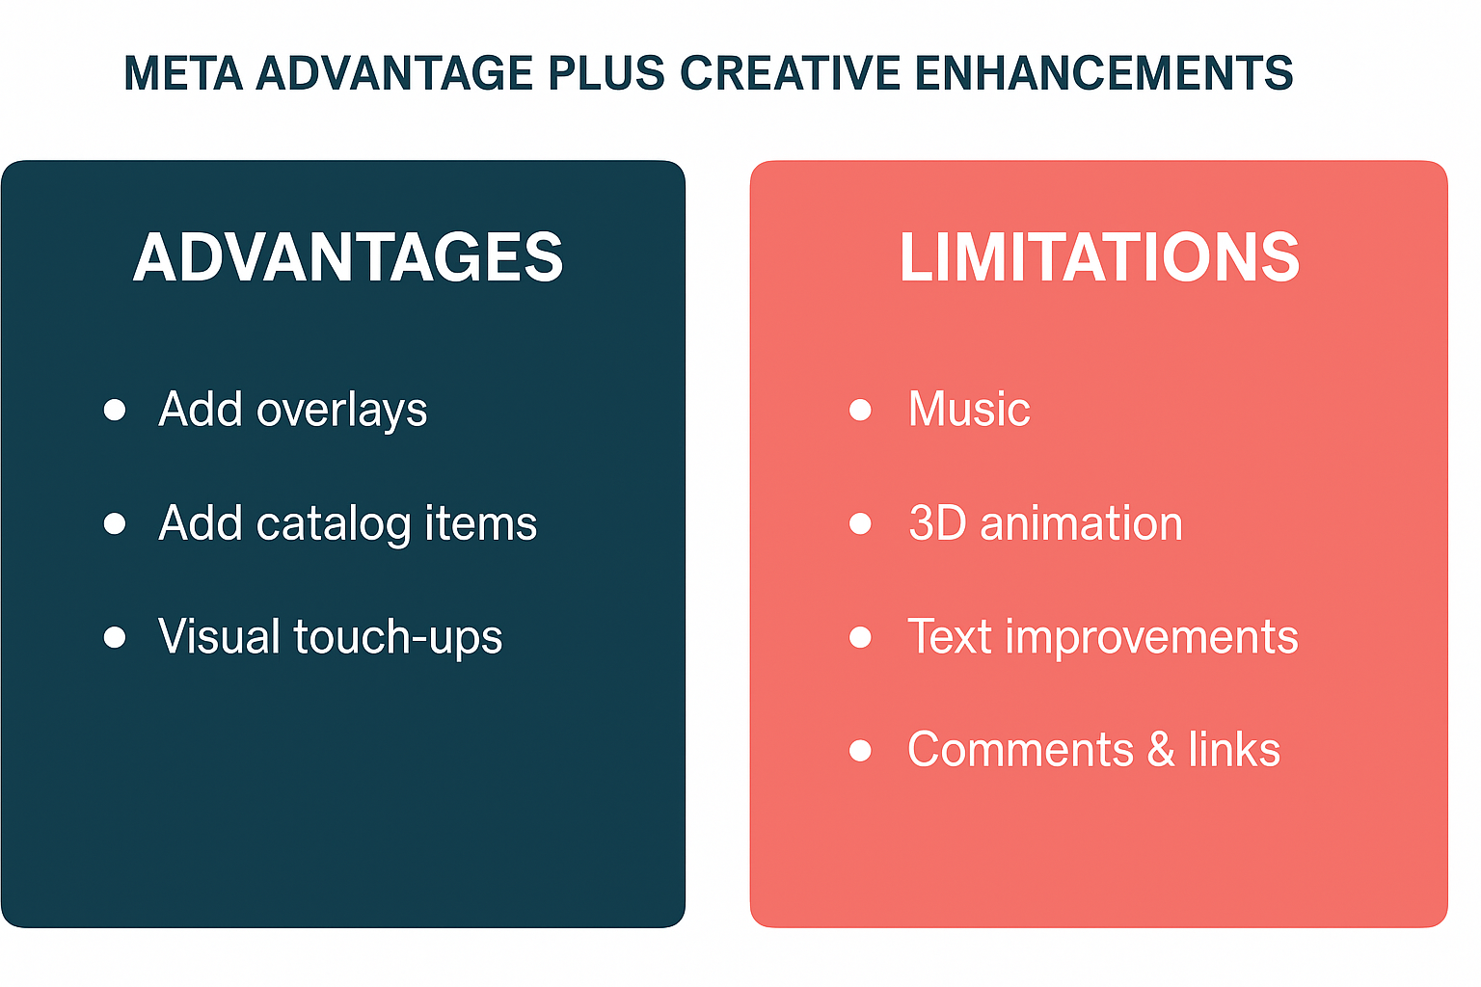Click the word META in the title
[183, 72]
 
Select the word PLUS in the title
[606, 72]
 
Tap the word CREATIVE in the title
[790, 72]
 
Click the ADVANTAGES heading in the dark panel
[348, 257]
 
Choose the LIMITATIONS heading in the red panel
[1099, 257]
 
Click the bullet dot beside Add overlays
[115, 410]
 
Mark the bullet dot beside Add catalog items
[115, 523]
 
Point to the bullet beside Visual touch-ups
[115, 637]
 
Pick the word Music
[969, 410]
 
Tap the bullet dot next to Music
[860, 410]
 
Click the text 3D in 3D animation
[937, 523]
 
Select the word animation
[1081, 523]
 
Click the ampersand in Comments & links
[1161, 750]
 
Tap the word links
[1234, 750]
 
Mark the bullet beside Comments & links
[860, 751]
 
